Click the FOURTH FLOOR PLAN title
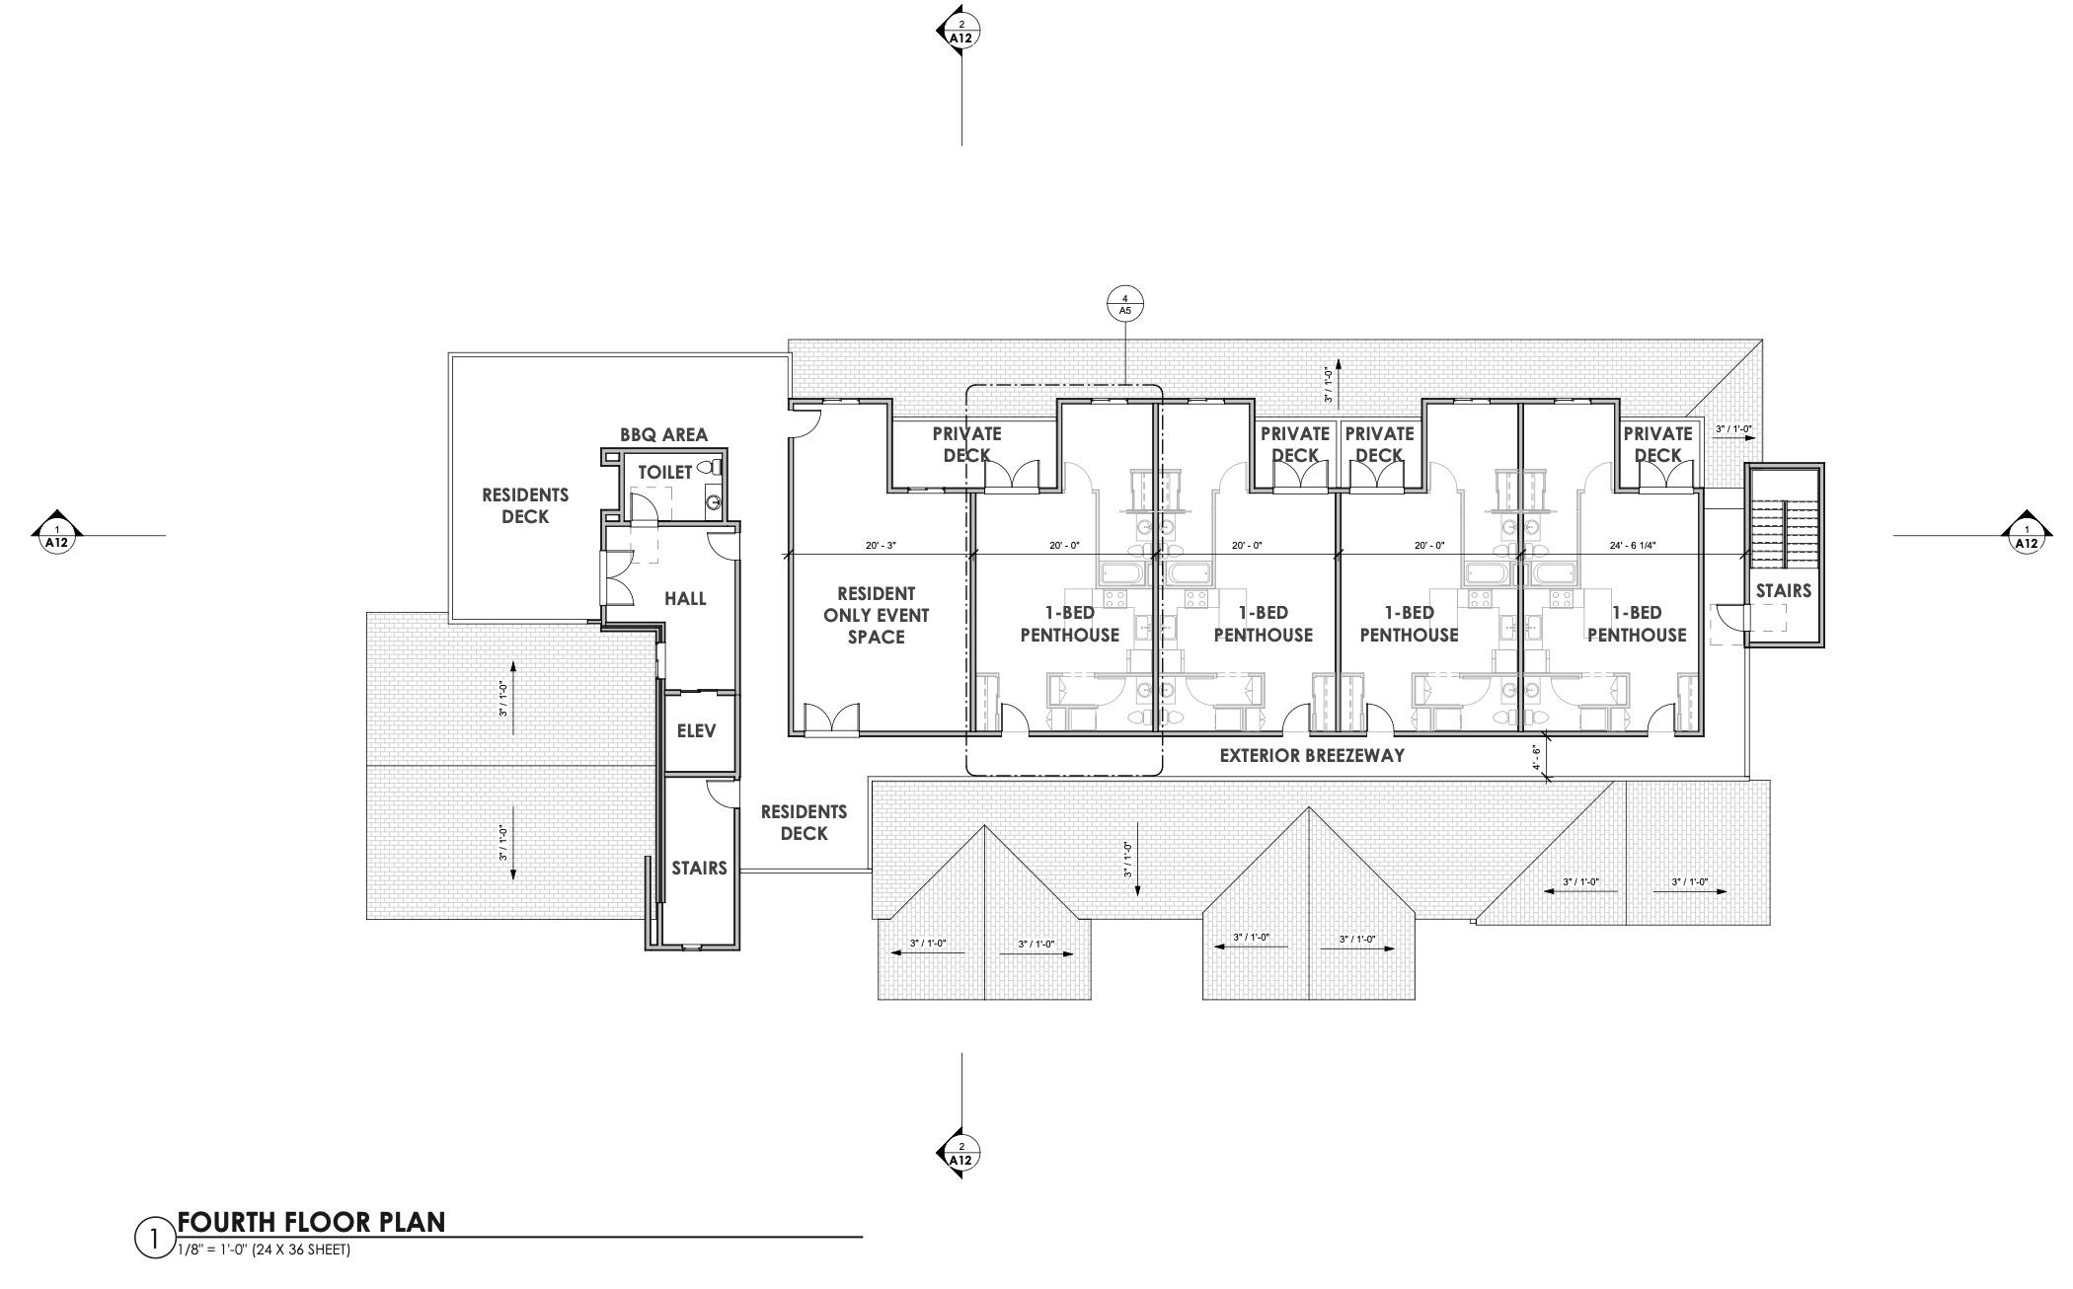click(311, 1222)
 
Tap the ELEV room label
click(696, 731)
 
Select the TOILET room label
click(665, 473)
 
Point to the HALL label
click(685, 599)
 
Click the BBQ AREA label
click(663, 435)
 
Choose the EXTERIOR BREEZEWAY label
click(1312, 756)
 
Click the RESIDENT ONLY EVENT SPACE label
click(877, 615)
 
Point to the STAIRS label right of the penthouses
click(1784, 590)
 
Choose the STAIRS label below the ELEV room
click(699, 868)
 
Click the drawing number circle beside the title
click(153, 1240)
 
